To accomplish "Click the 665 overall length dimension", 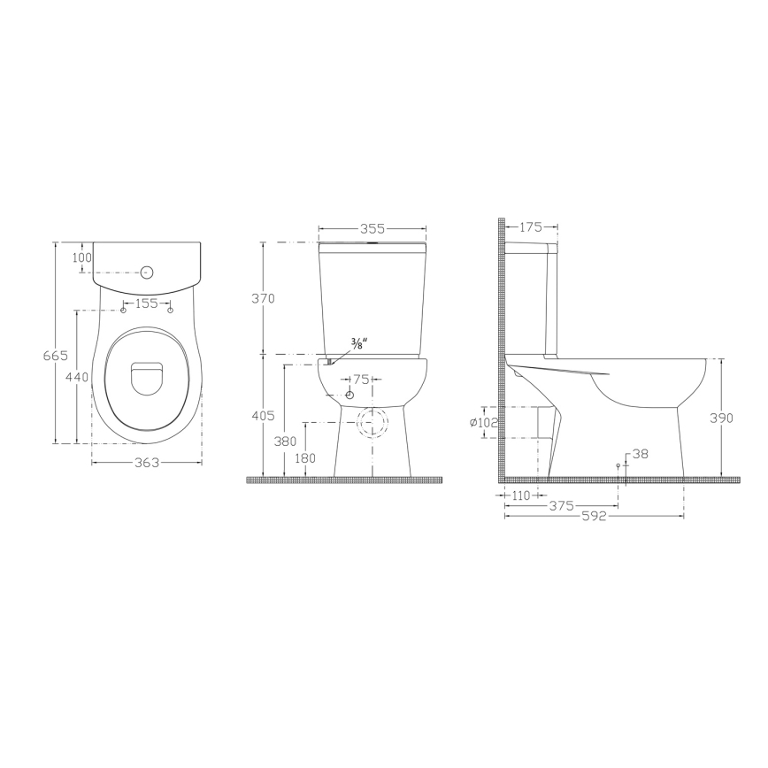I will [x=55, y=355].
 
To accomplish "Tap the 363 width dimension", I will [x=148, y=462].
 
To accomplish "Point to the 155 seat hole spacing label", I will [x=146, y=303].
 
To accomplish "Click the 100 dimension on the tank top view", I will [x=82, y=257].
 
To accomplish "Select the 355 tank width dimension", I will [x=372, y=228].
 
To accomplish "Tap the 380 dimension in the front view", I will [x=285, y=440].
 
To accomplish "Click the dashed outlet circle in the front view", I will [x=372, y=423].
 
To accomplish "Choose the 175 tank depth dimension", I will [x=530, y=227].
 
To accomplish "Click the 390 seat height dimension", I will [x=723, y=418].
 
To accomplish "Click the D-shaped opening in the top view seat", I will [x=148, y=380].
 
